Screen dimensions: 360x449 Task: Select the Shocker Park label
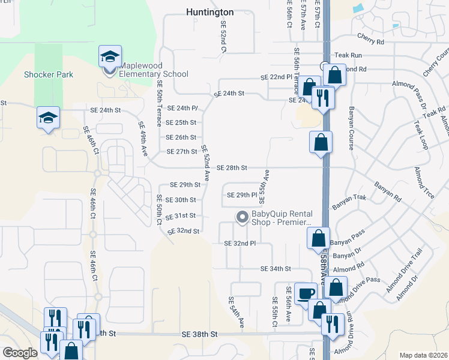pos(49,75)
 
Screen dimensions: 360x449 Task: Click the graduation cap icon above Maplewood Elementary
pos(110,56)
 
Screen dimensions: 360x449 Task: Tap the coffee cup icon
pos(306,293)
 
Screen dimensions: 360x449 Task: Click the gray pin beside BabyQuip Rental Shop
pos(243,217)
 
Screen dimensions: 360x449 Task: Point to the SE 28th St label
pos(232,167)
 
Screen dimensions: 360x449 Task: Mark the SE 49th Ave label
pos(143,139)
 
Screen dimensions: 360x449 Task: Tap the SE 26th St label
pos(181,137)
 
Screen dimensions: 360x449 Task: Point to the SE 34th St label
pos(276,268)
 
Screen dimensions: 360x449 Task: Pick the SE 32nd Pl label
pos(240,244)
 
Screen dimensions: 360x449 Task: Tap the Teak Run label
pos(349,55)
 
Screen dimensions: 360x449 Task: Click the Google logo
pos(20,353)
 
